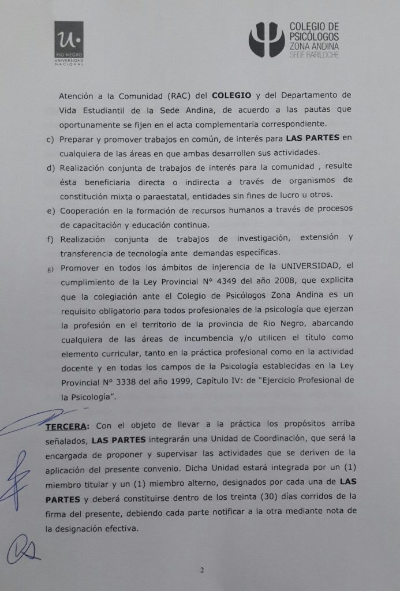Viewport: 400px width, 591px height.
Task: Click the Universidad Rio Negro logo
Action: tap(69, 44)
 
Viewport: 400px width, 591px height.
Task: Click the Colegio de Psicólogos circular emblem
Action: tap(266, 40)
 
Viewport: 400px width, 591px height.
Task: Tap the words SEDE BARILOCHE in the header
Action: tap(313, 54)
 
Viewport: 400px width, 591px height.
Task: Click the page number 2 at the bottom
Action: tap(202, 570)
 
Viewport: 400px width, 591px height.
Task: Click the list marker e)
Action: tap(50, 209)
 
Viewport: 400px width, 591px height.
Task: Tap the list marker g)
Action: tap(50, 268)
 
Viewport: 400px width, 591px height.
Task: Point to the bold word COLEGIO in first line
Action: tap(231, 94)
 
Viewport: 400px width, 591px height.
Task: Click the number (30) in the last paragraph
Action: tap(251, 496)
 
